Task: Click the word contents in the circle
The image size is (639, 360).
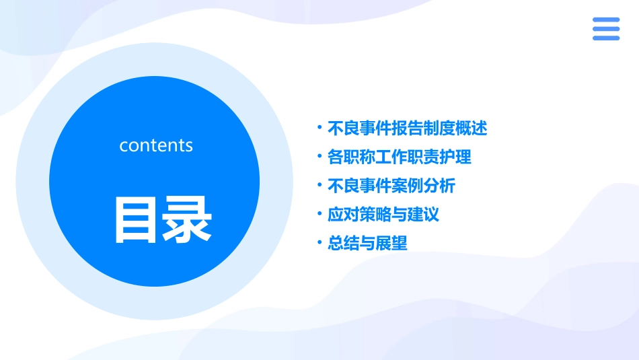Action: (x=155, y=145)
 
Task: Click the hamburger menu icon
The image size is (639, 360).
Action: (x=605, y=29)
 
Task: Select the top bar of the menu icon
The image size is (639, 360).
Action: (x=605, y=20)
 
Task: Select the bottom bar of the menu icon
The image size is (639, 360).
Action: (x=605, y=38)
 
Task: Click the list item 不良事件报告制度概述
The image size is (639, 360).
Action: (x=406, y=128)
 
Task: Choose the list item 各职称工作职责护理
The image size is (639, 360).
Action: (x=399, y=157)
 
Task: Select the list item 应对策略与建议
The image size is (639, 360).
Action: (x=383, y=215)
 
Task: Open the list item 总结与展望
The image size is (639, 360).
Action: (x=367, y=244)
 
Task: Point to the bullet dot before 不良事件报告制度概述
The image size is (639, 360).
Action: (x=320, y=127)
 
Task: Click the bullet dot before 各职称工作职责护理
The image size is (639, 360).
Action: (x=320, y=156)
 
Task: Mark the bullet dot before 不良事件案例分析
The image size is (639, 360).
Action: (x=320, y=185)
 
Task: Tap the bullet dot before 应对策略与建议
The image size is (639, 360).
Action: (x=320, y=214)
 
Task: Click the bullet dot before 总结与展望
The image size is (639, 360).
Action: (x=320, y=243)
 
